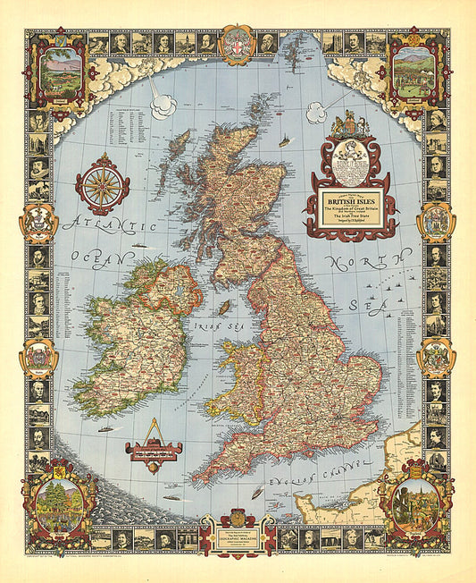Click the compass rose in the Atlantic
point(102,184)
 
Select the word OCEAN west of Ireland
point(89,255)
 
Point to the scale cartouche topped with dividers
point(154,449)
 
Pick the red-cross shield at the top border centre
point(238,45)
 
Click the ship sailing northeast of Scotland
point(284,140)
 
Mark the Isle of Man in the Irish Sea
point(224,307)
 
